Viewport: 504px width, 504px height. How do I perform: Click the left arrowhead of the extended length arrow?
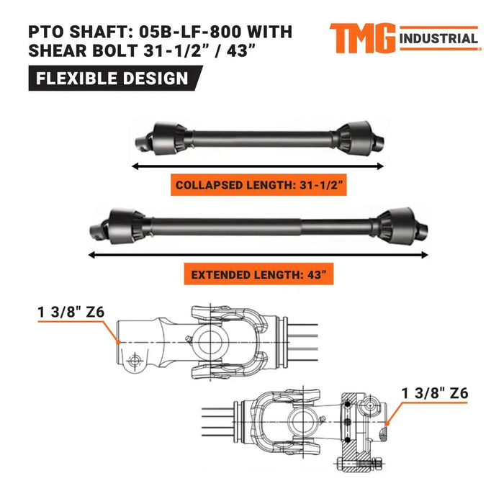91,253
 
